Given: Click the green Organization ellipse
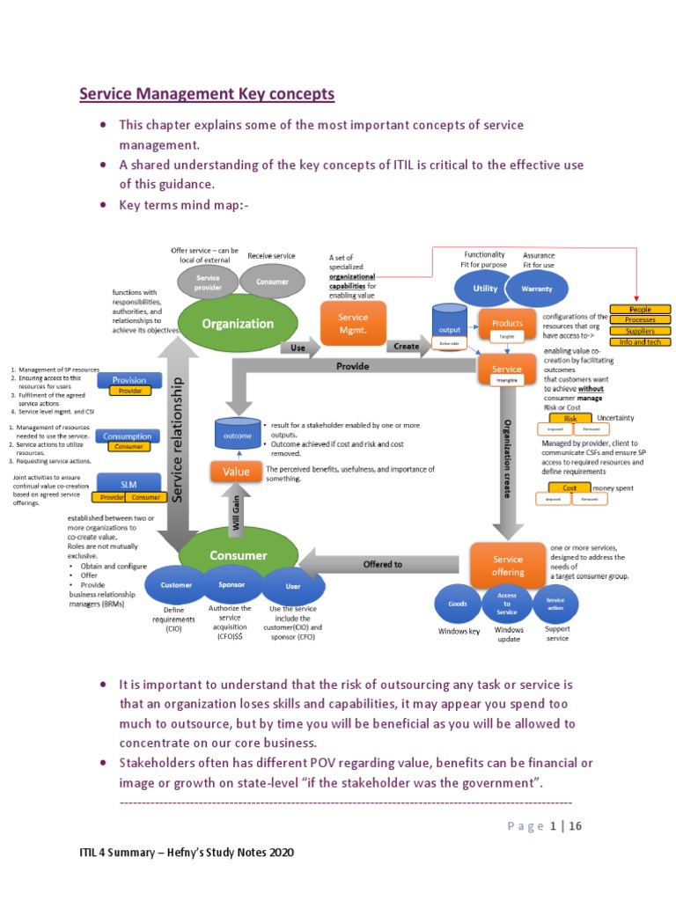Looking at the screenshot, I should tap(238, 323).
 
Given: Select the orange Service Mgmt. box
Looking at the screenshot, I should tap(353, 323).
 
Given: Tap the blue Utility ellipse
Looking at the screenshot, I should tap(485, 288).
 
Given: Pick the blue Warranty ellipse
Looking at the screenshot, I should tap(537, 288).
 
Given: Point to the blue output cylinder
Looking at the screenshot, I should tap(449, 326).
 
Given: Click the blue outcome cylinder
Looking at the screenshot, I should tap(238, 433).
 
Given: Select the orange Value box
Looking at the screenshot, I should tap(236, 472).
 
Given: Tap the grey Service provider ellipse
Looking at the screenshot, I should tap(208, 282).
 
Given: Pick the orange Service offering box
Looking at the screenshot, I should tap(507, 565).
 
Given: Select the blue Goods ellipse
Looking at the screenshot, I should tap(458, 604).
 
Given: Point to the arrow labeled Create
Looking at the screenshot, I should tap(408, 347).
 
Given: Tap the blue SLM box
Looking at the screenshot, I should tap(129, 483).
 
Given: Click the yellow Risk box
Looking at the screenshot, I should tap(570, 419).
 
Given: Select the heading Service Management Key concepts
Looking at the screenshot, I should tap(208, 93).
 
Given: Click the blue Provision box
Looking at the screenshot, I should tap(129, 379).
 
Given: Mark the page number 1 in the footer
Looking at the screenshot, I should tap(554, 825).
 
